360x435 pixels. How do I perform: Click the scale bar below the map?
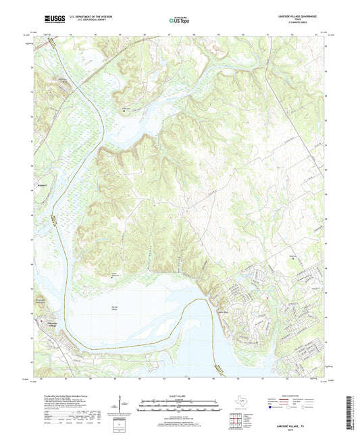click(x=180, y=407)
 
